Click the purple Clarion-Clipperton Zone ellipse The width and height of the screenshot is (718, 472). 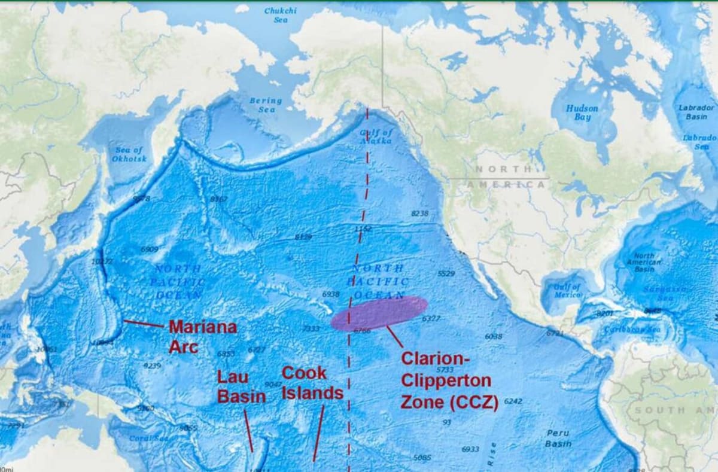click(x=379, y=313)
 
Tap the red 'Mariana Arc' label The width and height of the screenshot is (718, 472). click(x=202, y=336)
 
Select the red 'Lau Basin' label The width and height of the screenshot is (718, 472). click(x=241, y=386)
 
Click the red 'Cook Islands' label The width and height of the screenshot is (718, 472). click(x=312, y=383)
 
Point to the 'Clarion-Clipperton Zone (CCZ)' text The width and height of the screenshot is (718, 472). click(x=449, y=380)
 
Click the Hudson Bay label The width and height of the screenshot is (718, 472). click(x=582, y=112)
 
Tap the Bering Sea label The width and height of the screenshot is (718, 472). click(x=266, y=105)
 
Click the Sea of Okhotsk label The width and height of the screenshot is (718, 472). click(x=128, y=154)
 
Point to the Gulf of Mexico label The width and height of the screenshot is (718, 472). click(x=567, y=291)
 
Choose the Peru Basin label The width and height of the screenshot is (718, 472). click(x=558, y=438)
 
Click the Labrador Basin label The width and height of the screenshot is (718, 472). click(x=696, y=112)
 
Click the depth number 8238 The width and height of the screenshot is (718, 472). click(x=420, y=213)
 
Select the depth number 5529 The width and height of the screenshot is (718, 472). click(x=446, y=273)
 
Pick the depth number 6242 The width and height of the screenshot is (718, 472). click(x=513, y=401)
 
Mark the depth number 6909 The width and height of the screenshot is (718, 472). click(x=150, y=249)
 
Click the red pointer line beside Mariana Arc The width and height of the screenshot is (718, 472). click(x=144, y=324)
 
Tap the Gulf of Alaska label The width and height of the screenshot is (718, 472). click(x=376, y=136)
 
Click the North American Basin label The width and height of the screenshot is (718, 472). click(x=644, y=262)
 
